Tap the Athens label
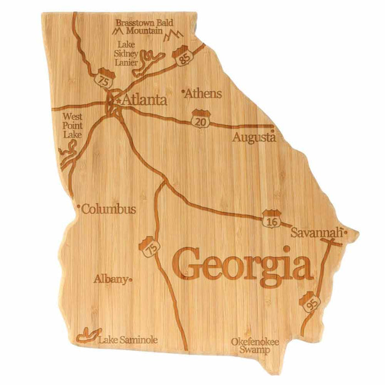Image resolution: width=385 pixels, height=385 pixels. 204,93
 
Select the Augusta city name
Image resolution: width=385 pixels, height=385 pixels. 254,137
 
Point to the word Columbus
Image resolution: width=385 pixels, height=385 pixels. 109,209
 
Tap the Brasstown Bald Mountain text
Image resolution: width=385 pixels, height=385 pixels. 145,26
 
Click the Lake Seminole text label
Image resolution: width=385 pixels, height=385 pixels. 128,340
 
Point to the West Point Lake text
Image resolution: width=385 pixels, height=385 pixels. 72,125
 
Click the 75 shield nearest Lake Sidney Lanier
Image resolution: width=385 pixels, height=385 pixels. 102,79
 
